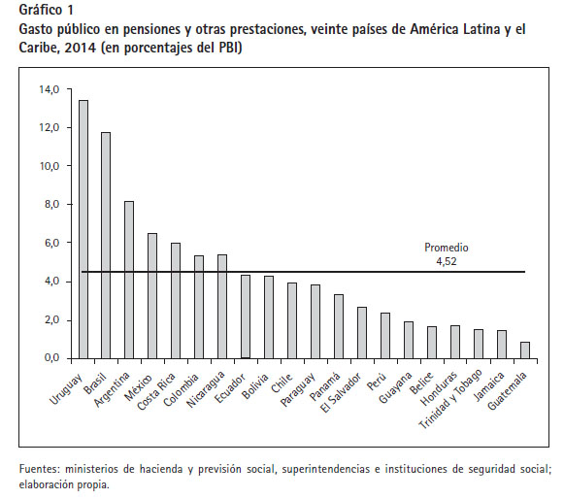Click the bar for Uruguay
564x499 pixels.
coord(83,229)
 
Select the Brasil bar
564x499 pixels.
coord(106,246)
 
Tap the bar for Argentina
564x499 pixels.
coord(129,280)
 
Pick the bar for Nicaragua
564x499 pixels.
coord(222,307)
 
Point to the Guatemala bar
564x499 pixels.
coord(525,350)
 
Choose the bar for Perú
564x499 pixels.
coord(385,336)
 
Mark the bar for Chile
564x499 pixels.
coord(292,321)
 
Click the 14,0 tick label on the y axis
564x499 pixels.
coord(50,89)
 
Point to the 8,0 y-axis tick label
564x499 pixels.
coord(51,204)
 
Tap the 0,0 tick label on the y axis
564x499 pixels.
coord(51,358)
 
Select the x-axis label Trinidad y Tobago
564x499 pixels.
coord(450,399)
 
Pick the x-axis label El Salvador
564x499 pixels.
coord(341,393)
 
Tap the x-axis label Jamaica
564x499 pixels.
coord(489,386)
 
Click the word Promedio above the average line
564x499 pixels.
coord(447,248)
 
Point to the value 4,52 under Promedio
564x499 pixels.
coord(447,261)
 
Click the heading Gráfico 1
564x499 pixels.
coord(46,10)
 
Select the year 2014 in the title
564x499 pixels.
coord(81,48)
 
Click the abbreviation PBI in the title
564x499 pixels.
coord(228,48)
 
